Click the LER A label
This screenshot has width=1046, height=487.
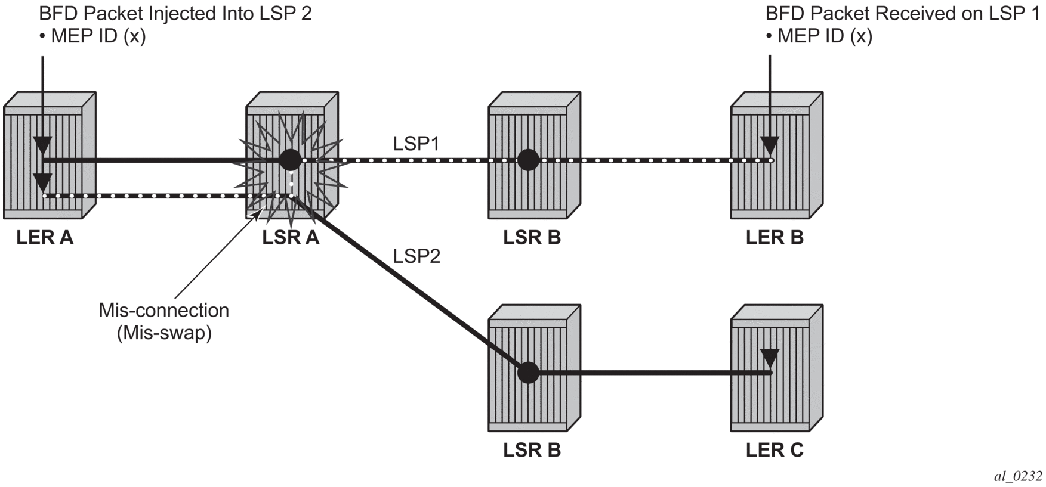[x=45, y=237]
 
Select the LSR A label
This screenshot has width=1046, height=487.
[x=291, y=237]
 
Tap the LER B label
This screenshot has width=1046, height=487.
[x=775, y=237]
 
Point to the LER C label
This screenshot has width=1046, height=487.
[x=775, y=450]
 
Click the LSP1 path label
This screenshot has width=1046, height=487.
[x=416, y=144]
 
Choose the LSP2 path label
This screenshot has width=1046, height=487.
[x=416, y=256]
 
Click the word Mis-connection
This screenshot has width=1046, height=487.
[x=164, y=310]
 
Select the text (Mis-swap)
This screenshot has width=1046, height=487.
[x=164, y=333]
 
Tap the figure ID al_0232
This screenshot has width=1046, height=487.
[x=1018, y=476]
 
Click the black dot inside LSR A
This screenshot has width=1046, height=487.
[x=291, y=160]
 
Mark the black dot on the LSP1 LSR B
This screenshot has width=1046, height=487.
[x=528, y=160]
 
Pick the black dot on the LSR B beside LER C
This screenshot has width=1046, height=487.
[x=528, y=373]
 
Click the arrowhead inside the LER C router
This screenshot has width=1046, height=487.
[x=770, y=359]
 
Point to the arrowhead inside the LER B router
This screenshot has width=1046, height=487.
[x=770, y=145]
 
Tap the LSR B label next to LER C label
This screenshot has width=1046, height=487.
[x=532, y=450]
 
